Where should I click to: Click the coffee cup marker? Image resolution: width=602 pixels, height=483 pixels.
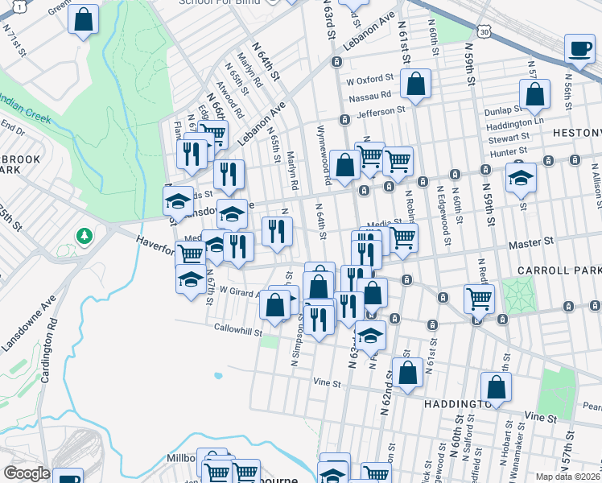point(579,48)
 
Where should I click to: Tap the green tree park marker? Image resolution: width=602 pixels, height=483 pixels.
point(83,236)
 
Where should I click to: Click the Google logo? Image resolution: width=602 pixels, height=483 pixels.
point(27,473)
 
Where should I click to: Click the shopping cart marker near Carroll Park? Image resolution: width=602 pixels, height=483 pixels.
point(480,299)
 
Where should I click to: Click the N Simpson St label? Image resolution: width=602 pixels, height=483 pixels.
point(295,331)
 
